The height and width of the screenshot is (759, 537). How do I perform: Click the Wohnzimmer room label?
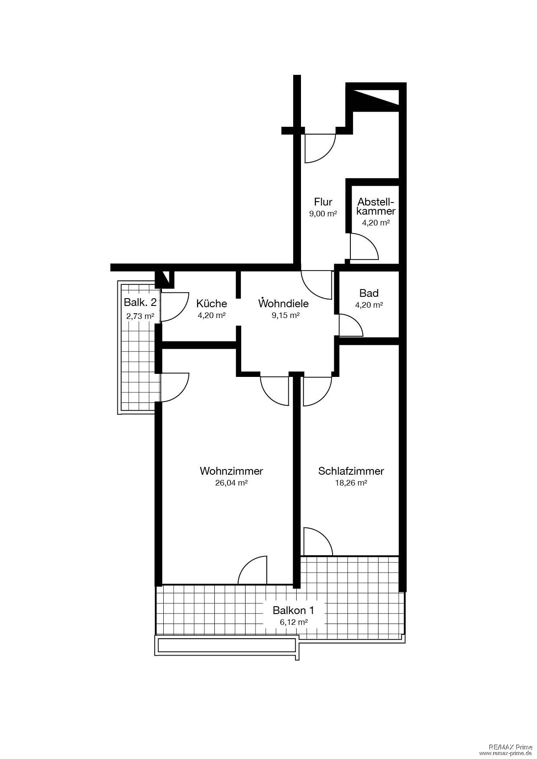[231, 471]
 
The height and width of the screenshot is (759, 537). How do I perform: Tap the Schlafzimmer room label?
[351, 471]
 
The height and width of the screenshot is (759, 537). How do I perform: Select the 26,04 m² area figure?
[231, 483]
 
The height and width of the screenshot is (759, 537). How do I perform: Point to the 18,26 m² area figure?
[351, 483]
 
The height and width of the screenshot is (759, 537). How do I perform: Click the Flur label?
[323, 202]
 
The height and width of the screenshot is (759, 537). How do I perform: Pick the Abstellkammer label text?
[376, 206]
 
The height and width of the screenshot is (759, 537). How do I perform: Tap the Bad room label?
[369, 293]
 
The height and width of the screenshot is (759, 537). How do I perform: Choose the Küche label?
[211, 303]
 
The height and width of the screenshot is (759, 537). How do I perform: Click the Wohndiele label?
[284, 303]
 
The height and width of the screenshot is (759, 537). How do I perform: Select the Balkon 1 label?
[293, 611]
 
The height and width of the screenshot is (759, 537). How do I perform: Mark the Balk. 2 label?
[140, 302]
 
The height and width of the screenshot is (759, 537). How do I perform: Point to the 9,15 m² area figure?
[286, 315]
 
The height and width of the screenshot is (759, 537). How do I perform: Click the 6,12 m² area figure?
[294, 622]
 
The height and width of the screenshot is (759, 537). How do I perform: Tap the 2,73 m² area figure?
[140, 316]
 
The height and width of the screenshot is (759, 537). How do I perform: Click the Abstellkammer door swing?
[364, 247]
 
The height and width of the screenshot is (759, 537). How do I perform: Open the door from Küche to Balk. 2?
[175, 307]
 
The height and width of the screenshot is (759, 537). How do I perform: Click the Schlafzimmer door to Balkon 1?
[318, 541]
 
